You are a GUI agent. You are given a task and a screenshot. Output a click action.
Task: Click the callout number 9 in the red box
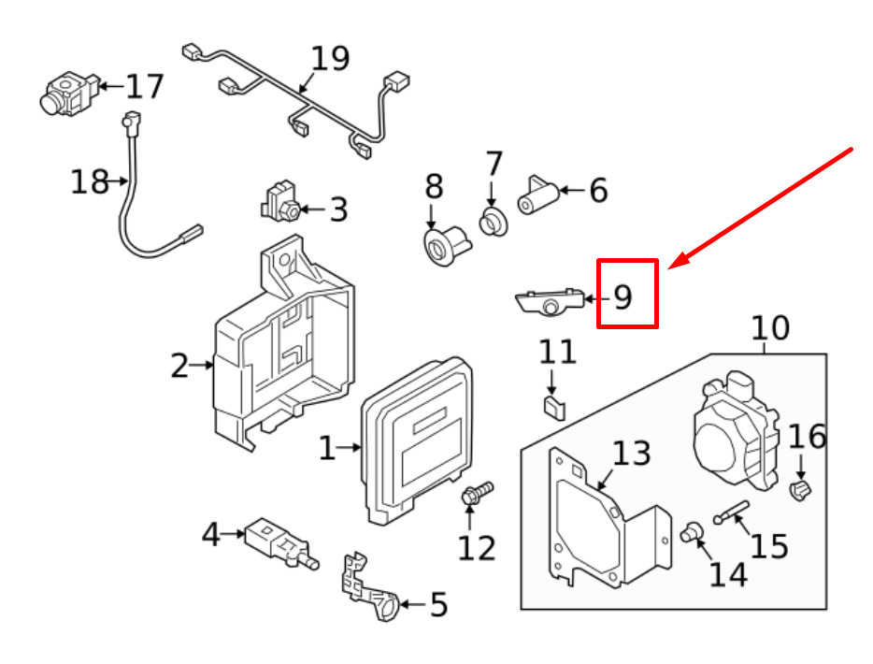click(x=623, y=297)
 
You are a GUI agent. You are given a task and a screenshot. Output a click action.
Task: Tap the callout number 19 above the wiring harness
click(x=329, y=58)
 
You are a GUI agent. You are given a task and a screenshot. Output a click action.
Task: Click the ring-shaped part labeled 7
click(x=493, y=223)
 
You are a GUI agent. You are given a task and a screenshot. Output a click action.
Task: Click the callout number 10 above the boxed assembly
click(x=770, y=328)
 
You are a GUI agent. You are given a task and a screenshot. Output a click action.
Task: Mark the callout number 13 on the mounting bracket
click(x=631, y=454)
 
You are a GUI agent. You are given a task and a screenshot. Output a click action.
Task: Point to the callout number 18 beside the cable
click(x=90, y=180)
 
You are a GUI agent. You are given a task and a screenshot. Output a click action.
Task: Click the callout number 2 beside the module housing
click(x=179, y=367)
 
